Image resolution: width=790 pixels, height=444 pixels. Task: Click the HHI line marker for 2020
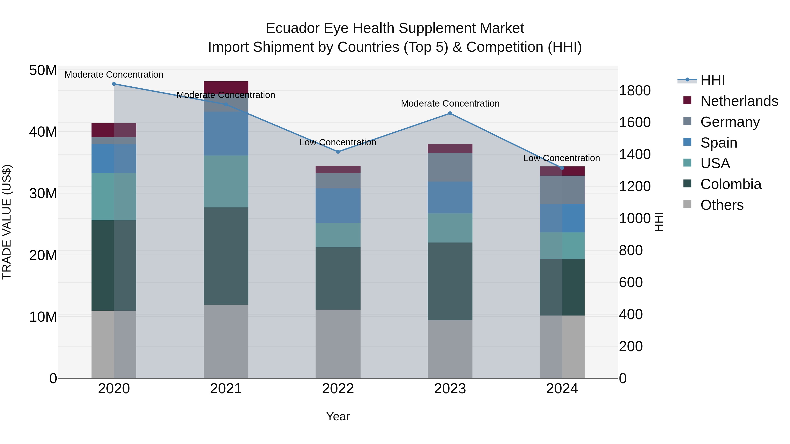(114, 84)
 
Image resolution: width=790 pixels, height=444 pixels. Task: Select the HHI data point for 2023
(450, 113)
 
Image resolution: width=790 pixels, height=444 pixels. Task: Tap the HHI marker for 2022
(338, 152)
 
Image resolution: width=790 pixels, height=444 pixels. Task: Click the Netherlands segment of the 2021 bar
(226, 87)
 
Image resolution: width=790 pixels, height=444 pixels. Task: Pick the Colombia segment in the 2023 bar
(450, 281)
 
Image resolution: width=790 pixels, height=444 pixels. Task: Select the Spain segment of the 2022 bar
(338, 205)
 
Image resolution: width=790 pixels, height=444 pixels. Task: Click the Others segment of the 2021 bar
(226, 341)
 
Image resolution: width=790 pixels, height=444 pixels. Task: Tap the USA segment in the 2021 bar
(226, 181)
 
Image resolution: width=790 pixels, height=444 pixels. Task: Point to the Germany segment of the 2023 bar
(450, 167)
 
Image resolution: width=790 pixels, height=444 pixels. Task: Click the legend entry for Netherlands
(739, 101)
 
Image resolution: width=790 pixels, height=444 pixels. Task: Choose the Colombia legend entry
(731, 184)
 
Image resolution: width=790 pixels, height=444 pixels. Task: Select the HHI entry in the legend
(712, 80)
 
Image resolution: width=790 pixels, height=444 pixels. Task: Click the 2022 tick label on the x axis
(338, 389)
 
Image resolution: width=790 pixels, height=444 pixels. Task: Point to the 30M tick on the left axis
(43, 194)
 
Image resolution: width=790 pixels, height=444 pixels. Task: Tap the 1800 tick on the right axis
(634, 91)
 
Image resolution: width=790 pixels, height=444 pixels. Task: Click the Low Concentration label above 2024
(562, 158)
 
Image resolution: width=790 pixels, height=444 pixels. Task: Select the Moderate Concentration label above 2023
(450, 103)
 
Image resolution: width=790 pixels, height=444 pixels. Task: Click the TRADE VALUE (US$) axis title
(7, 222)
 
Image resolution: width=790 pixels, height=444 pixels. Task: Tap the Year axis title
(338, 416)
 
